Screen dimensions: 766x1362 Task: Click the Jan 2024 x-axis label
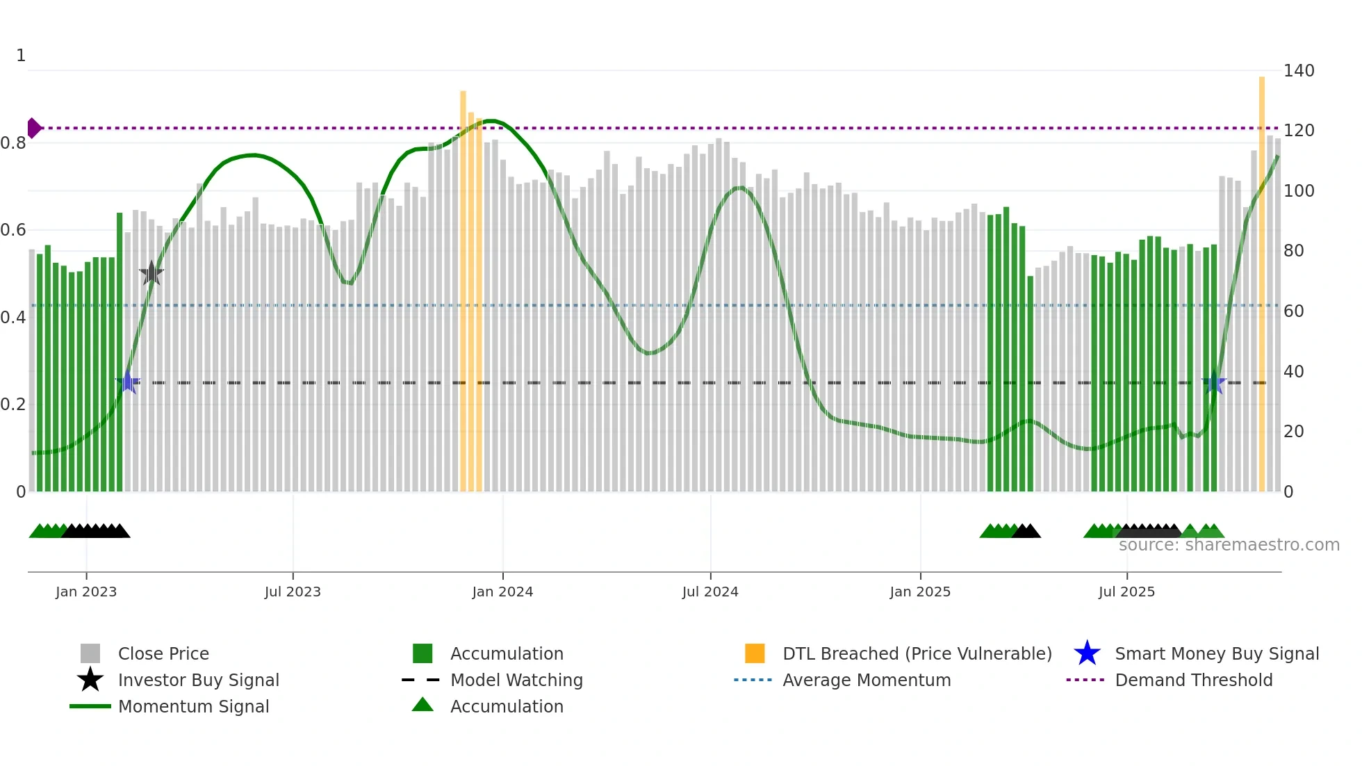(502, 592)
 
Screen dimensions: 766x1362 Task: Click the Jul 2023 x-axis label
(293, 592)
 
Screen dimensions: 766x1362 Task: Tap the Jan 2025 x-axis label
(920, 592)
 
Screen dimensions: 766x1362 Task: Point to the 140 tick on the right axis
(1298, 71)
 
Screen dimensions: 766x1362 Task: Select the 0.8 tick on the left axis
(13, 143)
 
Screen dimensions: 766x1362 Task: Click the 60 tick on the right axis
(1293, 311)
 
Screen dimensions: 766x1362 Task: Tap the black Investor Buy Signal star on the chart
(151, 273)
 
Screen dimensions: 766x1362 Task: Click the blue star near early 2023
(128, 382)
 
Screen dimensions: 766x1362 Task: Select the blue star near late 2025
(1213, 382)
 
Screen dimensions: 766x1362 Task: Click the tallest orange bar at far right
(1262, 278)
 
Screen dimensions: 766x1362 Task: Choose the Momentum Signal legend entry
(193, 706)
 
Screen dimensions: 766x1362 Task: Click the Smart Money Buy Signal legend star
(1087, 653)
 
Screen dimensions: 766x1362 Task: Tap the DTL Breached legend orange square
(755, 653)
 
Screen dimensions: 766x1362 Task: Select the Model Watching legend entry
(516, 680)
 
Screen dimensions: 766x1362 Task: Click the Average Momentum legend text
(867, 680)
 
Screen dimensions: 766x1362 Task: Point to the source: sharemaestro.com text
(1229, 545)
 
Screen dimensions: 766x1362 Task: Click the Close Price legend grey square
(90, 653)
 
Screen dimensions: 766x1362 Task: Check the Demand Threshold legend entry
(1193, 680)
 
